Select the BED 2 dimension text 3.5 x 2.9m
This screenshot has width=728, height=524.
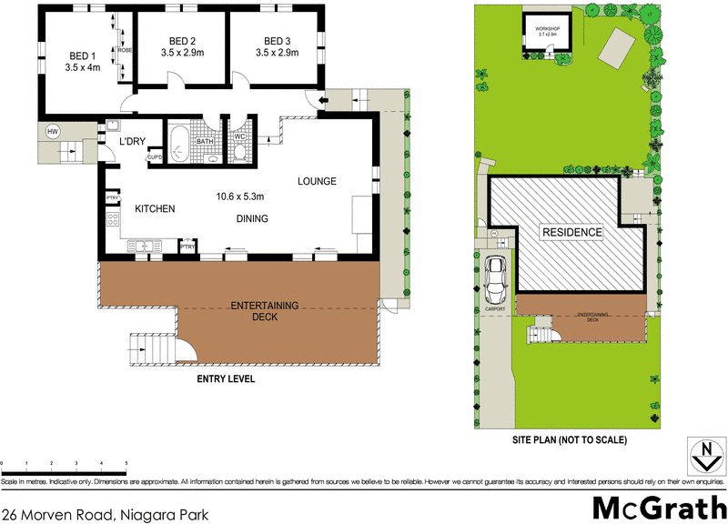(x=183, y=53)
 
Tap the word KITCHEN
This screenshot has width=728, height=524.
(x=155, y=209)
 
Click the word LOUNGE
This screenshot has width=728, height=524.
(x=317, y=182)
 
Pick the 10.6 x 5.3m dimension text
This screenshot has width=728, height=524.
(x=240, y=196)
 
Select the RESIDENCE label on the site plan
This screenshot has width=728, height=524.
(x=572, y=233)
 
